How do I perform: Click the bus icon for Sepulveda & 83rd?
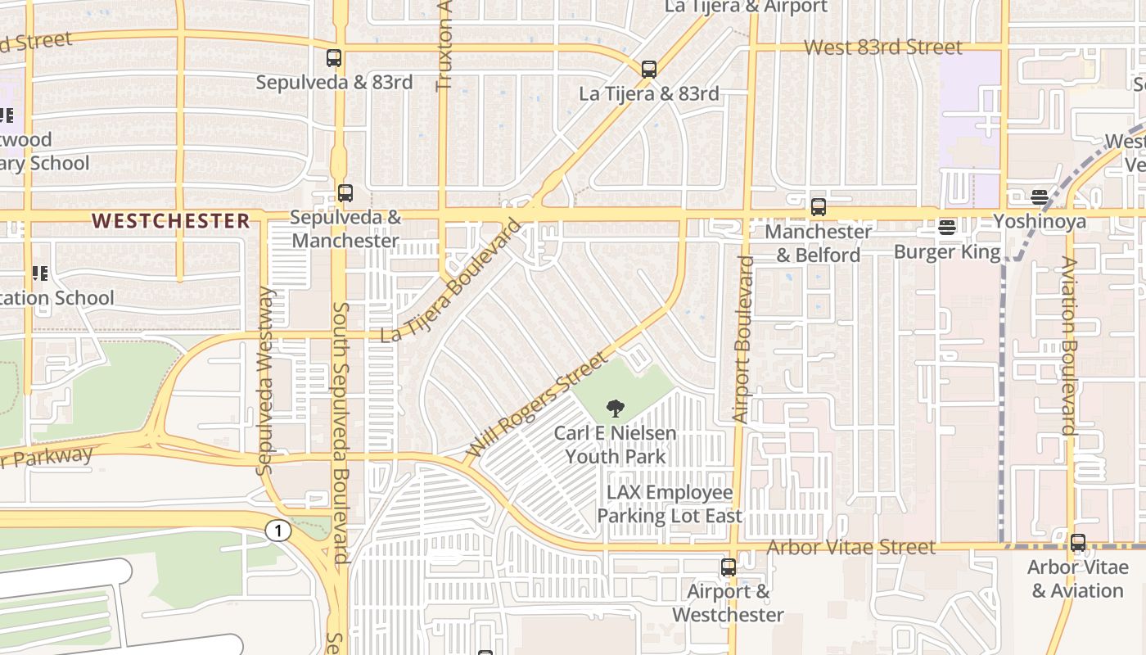coord(334,58)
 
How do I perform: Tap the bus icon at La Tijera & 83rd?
coord(649,70)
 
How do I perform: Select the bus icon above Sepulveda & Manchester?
coord(345,193)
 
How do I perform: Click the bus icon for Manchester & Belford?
coord(819,207)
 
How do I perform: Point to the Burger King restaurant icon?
coord(948,227)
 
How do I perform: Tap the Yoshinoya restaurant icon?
coord(1040,197)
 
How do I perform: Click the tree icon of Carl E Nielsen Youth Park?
coord(616,409)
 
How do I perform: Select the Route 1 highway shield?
coord(278,531)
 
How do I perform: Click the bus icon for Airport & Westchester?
coord(728,567)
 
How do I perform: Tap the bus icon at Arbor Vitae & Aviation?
coord(1078,542)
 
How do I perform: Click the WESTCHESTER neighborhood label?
coord(171,220)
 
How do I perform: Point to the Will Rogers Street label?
coord(537,404)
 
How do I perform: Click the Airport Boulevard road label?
coord(742,339)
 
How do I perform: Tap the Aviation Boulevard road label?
coord(1068,345)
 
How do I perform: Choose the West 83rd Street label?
coord(883,47)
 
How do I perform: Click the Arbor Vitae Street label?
coord(851,547)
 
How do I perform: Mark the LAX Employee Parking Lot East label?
coord(670,504)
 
